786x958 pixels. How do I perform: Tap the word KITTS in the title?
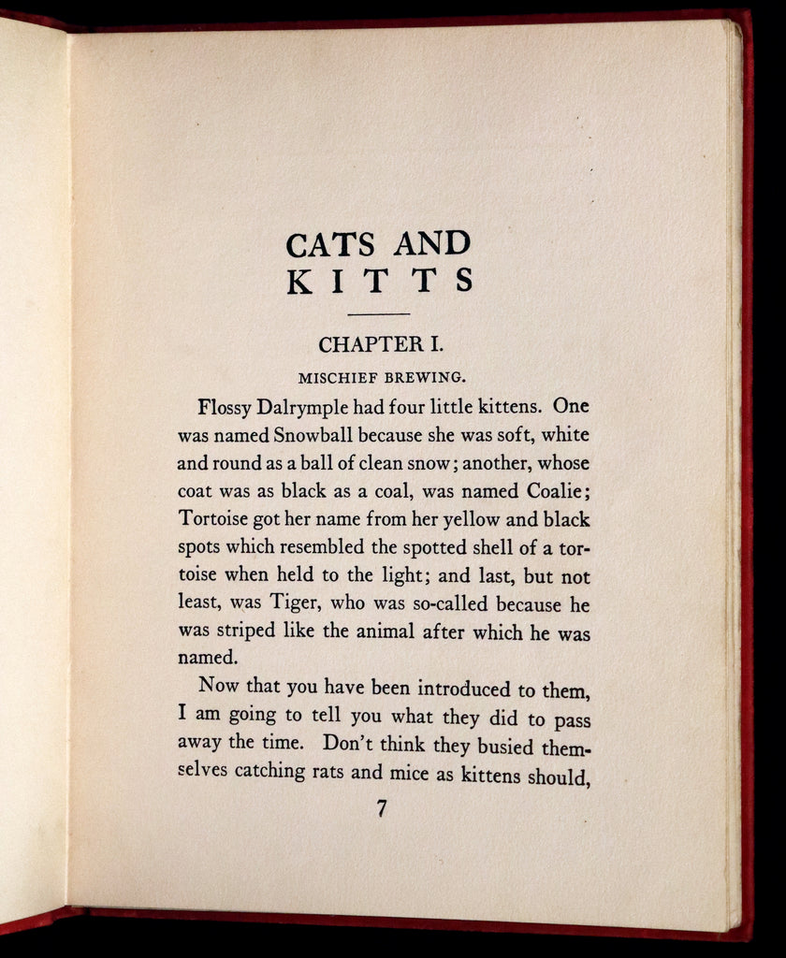380,281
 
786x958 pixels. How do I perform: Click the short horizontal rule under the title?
379,313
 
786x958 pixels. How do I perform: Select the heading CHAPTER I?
380,344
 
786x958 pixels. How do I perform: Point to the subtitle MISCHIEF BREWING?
383,379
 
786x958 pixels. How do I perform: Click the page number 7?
381,809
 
